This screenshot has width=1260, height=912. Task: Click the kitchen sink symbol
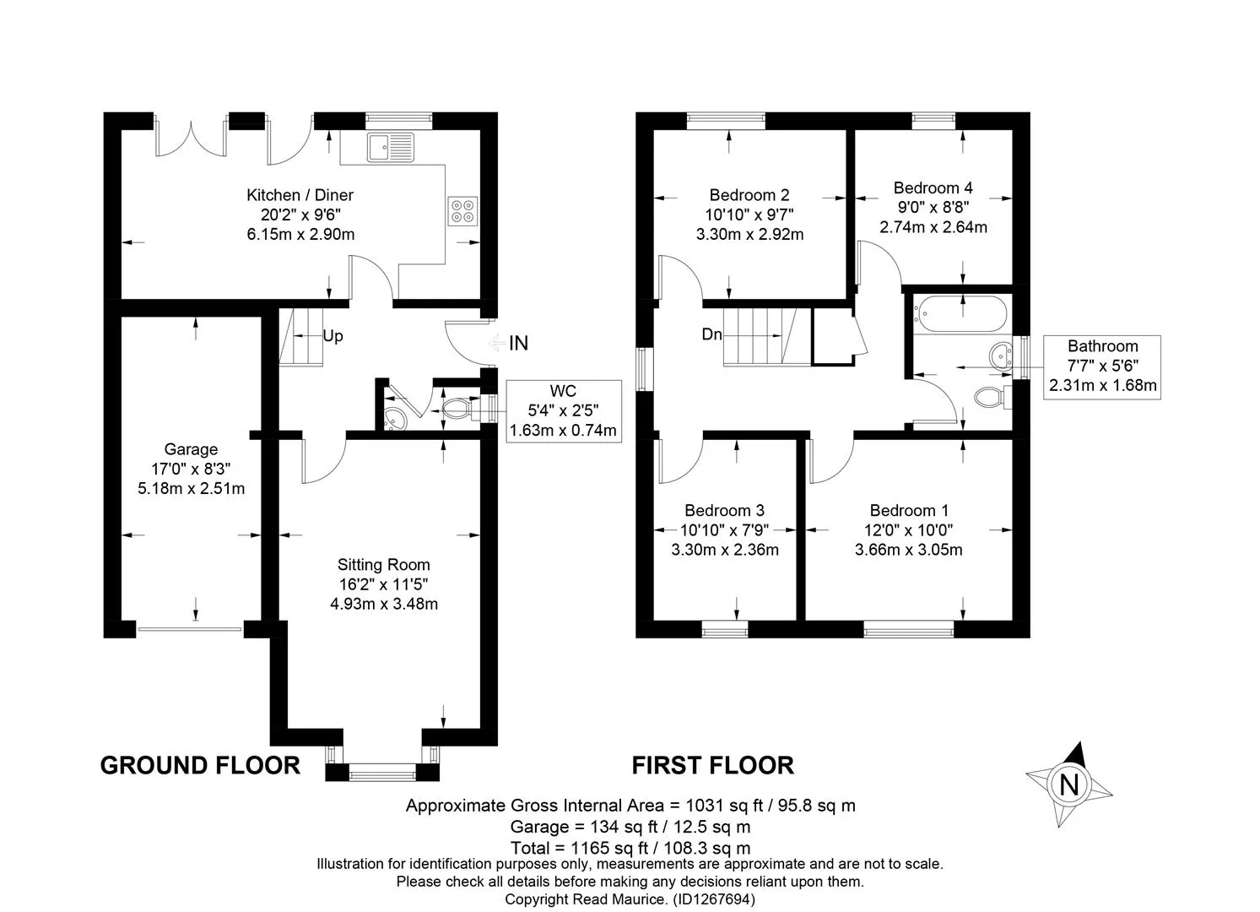(x=391, y=148)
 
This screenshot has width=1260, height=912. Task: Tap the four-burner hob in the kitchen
(x=463, y=211)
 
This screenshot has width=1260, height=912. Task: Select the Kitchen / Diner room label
(x=300, y=195)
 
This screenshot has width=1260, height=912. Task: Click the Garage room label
(x=191, y=449)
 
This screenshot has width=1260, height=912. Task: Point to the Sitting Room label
(x=384, y=565)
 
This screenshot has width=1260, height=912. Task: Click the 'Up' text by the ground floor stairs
(x=333, y=336)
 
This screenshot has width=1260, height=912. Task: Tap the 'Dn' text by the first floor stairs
(x=712, y=334)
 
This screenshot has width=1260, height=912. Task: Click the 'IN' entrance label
(x=518, y=343)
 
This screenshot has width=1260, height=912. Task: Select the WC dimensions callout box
(x=564, y=411)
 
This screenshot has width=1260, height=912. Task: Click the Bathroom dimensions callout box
(x=1102, y=367)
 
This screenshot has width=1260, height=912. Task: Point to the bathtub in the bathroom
(x=960, y=313)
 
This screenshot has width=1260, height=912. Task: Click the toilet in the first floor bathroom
(x=993, y=397)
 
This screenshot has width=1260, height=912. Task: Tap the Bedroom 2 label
(x=749, y=195)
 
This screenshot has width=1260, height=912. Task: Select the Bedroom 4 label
(x=933, y=188)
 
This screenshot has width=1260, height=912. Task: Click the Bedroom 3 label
(x=724, y=511)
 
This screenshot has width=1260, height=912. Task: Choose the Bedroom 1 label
(x=909, y=511)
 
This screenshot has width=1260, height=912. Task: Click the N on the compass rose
(x=1069, y=784)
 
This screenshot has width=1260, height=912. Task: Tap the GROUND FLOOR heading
(x=200, y=766)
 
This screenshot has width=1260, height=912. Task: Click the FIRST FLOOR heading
(x=712, y=766)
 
